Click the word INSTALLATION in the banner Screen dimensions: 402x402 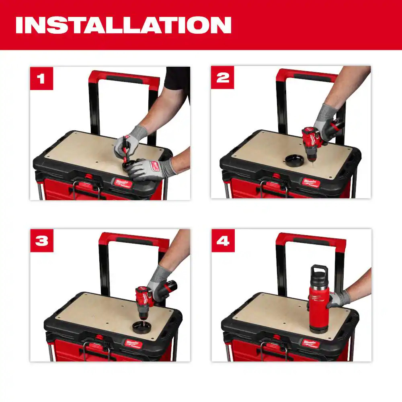click(123, 25)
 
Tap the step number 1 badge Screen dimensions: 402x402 click(41, 78)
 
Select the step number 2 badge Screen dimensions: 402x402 click(223, 78)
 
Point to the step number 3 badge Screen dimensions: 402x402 click(41, 240)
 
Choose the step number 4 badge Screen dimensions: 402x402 click(223, 240)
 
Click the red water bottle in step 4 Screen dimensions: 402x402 click(318, 301)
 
